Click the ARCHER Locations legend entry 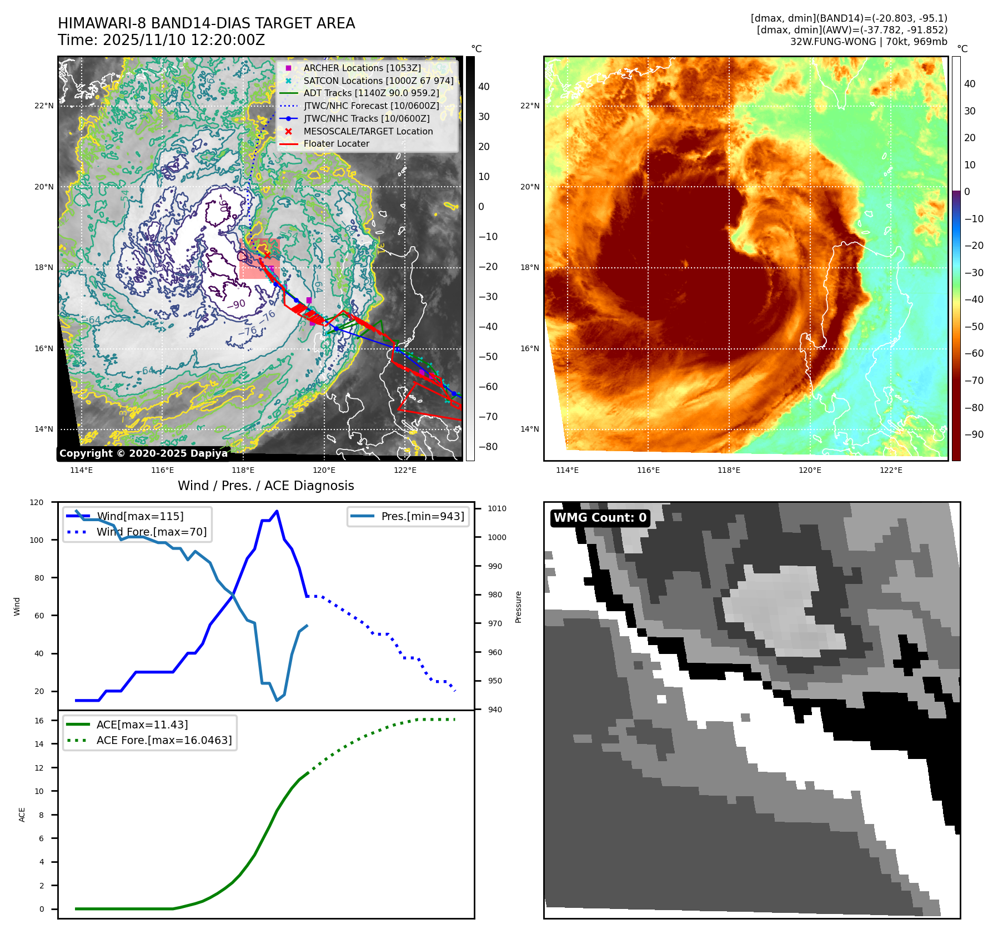tap(362, 68)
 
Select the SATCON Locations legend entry tap(378, 81)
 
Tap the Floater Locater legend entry tap(336, 143)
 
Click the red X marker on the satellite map tap(267, 255)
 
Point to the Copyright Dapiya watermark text tap(143, 453)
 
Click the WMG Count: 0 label tap(600, 518)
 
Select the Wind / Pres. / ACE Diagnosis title tap(265, 486)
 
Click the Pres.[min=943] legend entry tap(422, 516)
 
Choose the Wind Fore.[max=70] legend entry tap(151, 532)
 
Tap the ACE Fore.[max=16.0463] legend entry tap(164, 740)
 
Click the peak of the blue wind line tap(277, 511)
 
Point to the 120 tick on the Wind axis tap(37, 502)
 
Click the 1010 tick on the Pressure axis tap(497, 508)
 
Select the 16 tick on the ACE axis tap(39, 721)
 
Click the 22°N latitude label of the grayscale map tap(44, 106)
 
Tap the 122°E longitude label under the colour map tap(891, 470)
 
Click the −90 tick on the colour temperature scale tap(974, 434)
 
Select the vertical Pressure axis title tap(518, 607)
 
